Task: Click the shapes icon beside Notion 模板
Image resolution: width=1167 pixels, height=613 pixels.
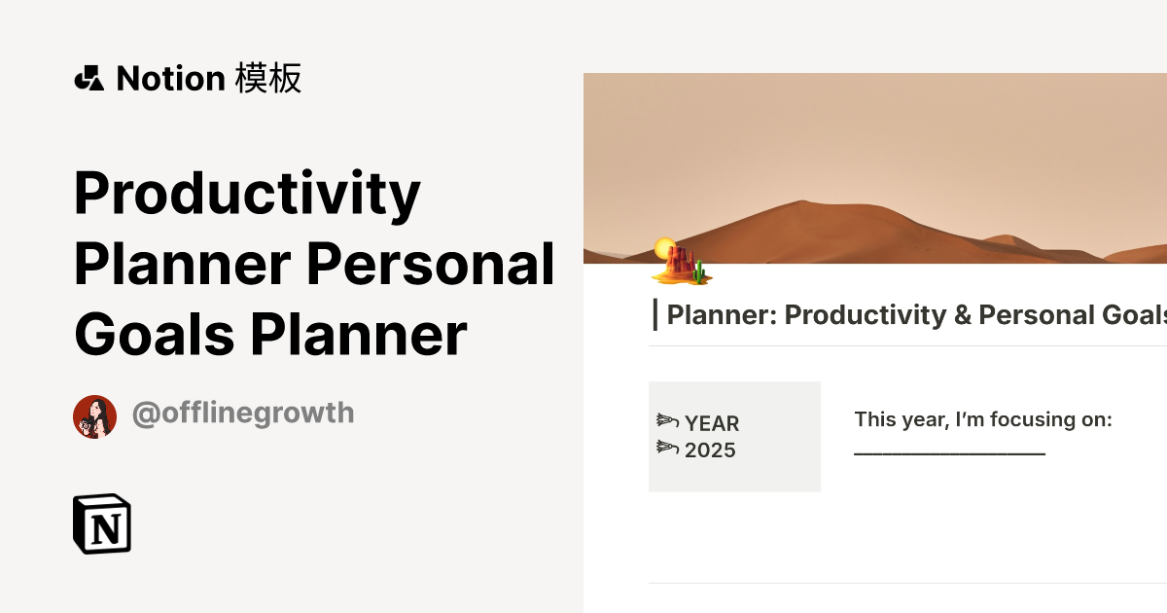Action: [x=88, y=79]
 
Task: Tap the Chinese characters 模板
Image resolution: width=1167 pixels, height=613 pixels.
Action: [x=268, y=78]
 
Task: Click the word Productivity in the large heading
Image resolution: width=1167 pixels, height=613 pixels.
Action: [x=247, y=194]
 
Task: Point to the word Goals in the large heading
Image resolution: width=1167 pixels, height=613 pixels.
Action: [x=154, y=335]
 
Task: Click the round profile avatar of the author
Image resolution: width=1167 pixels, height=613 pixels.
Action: [x=94, y=416]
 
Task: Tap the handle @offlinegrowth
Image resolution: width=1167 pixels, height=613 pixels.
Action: [x=242, y=414]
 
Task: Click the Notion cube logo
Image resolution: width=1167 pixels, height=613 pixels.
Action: [x=102, y=523]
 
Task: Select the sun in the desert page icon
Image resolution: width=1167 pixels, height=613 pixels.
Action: [x=664, y=247]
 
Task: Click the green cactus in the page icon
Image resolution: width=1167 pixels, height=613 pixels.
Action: [x=699, y=270]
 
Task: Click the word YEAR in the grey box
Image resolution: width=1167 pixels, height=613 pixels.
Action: [x=712, y=424]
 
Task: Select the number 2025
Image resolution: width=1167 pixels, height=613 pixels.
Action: [x=710, y=451]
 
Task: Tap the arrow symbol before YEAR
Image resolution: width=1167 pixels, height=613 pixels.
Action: [x=666, y=421]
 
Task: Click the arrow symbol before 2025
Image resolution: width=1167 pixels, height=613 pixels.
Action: [x=666, y=448]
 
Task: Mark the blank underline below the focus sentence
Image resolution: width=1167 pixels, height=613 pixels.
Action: [x=949, y=452]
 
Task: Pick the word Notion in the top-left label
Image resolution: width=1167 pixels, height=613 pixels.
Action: [x=170, y=79]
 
